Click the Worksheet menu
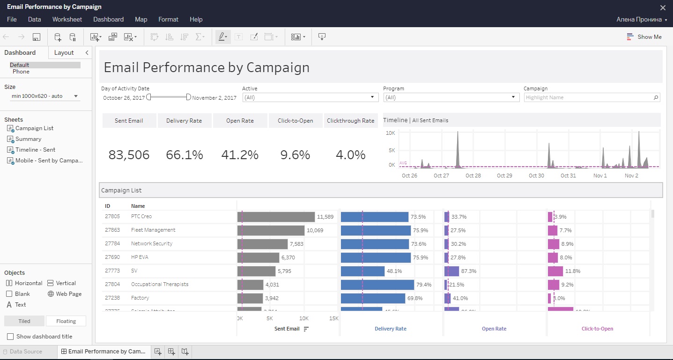point(67,19)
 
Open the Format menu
point(168,19)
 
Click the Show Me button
point(644,37)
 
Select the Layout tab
point(64,52)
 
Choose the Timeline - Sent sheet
point(35,150)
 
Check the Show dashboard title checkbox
point(10,337)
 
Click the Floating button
point(66,321)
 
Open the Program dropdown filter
point(451,97)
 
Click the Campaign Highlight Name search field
point(588,97)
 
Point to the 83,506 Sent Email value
point(129,155)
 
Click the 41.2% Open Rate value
point(240,155)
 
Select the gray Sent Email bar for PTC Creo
point(276,217)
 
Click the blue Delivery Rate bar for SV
point(362,271)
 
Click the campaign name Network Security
point(152,243)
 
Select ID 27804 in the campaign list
point(112,284)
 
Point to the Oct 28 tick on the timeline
point(473,176)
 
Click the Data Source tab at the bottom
point(26,352)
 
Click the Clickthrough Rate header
point(351,121)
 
